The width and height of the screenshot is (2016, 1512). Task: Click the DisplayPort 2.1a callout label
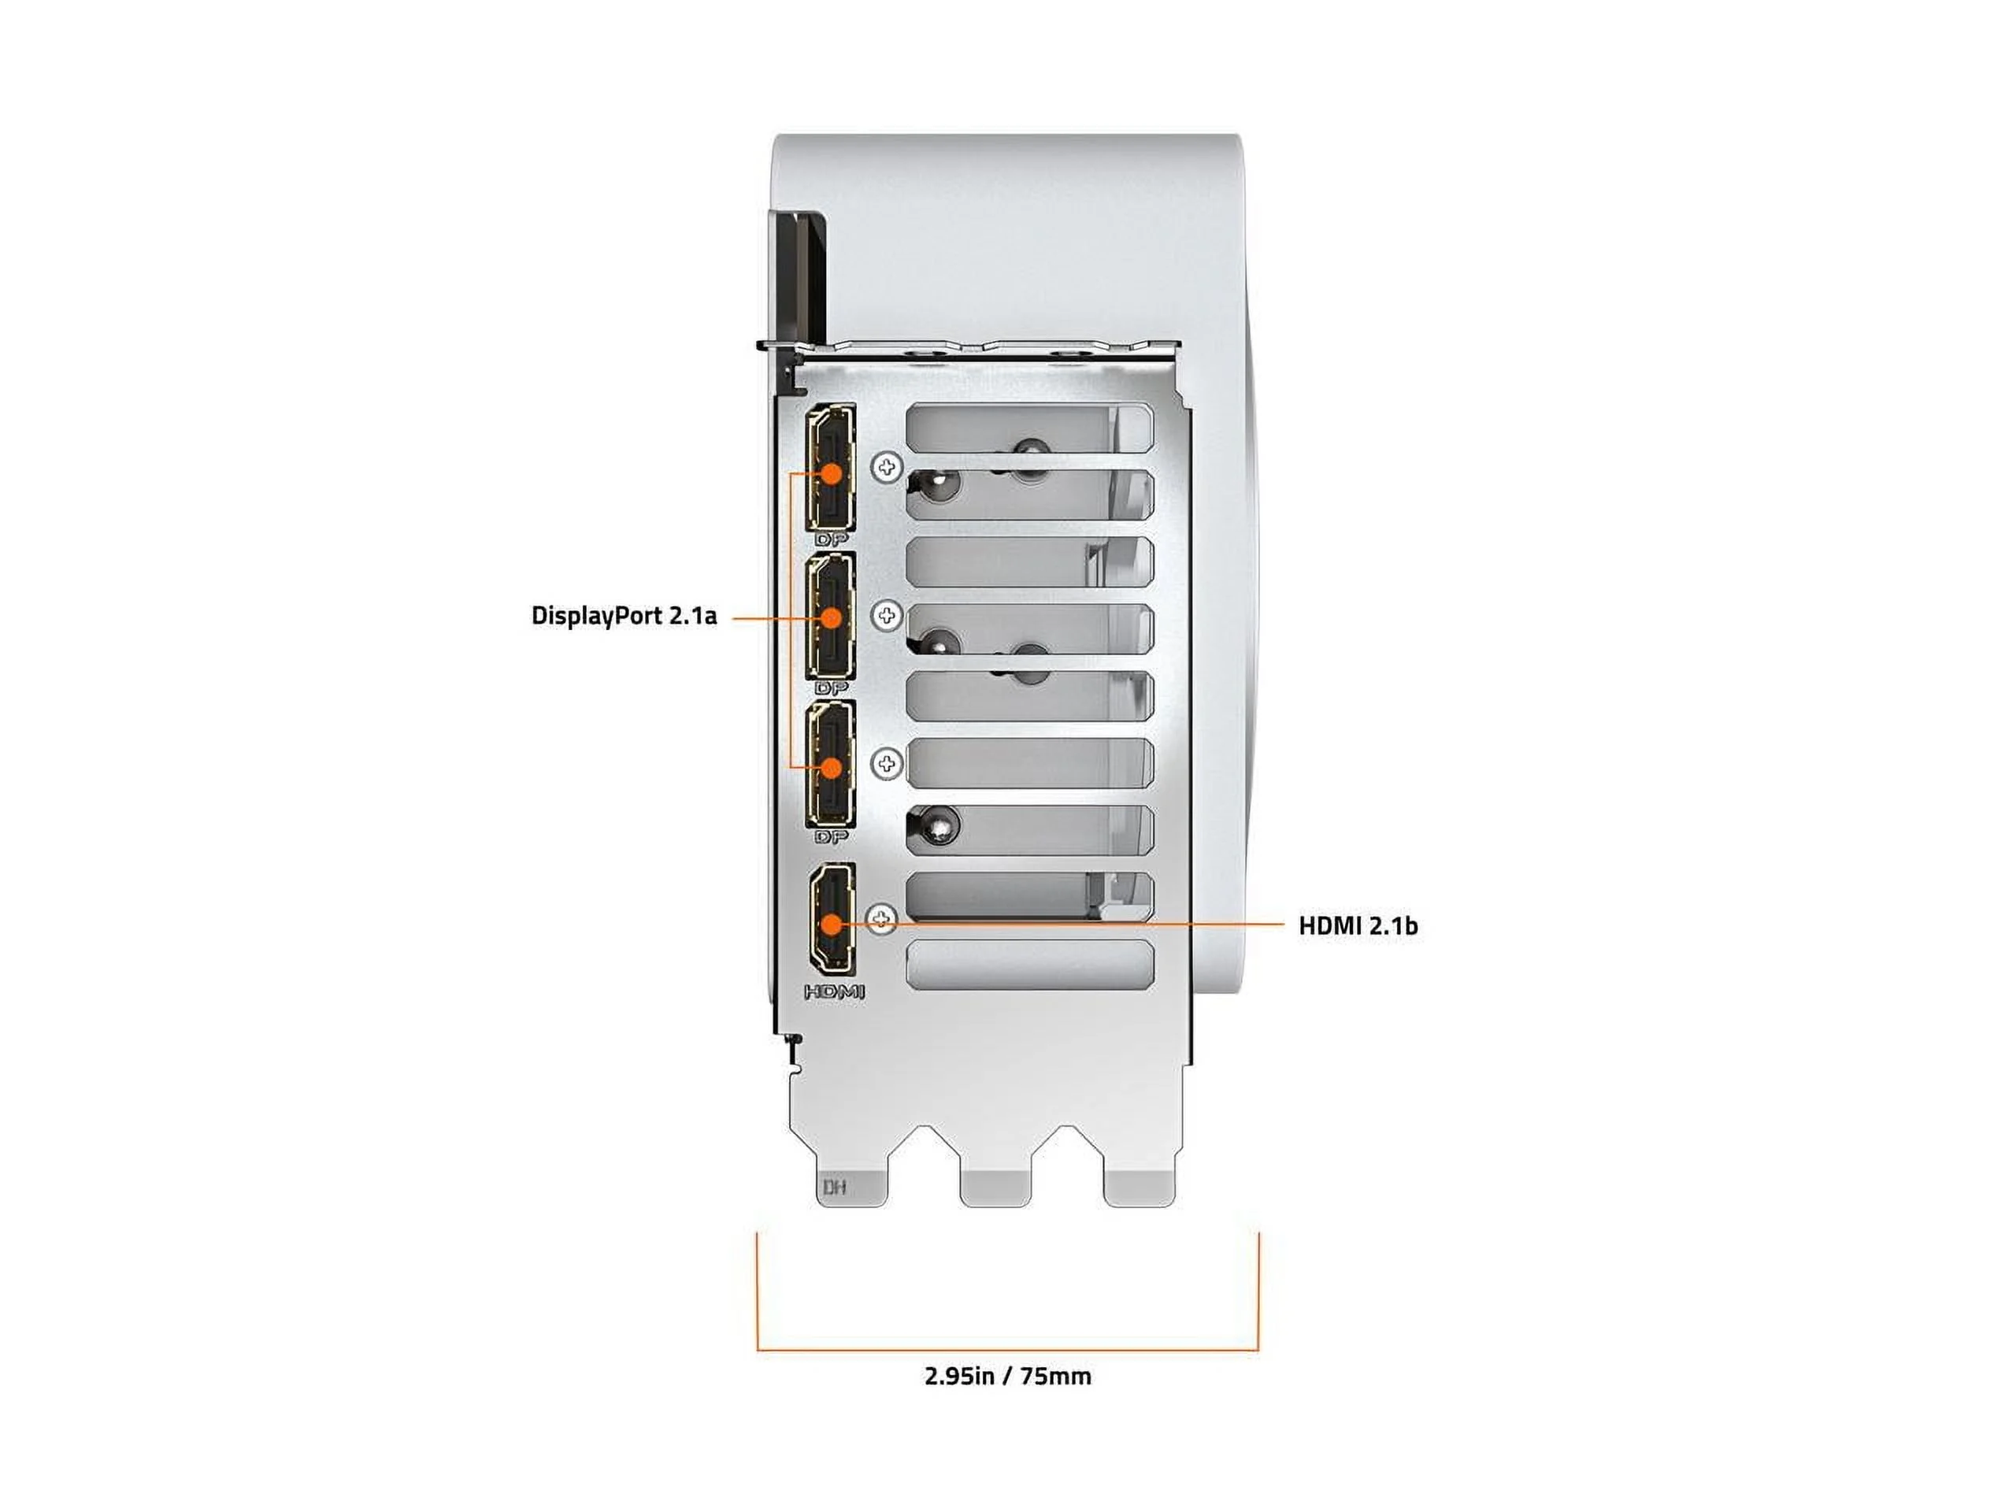click(x=624, y=616)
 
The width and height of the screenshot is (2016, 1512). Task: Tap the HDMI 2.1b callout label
click(x=1358, y=926)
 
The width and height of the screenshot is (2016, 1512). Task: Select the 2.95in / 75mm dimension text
click(x=1008, y=1377)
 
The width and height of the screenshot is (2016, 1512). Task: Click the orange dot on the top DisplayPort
click(x=831, y=474)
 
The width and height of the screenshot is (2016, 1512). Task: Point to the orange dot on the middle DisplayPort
click(x=831, y=618)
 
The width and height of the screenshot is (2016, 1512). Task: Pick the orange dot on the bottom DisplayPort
click(x=831, y=767)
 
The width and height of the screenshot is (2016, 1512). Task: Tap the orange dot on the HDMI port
click(x=831, y=925)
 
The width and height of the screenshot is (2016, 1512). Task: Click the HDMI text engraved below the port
click(x=834, y=992)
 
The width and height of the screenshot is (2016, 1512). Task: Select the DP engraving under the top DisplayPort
click(x=831, y=539)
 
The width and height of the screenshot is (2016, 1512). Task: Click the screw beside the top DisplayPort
click(x=887, y=468)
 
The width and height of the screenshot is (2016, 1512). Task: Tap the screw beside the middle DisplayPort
click(x=887, y=615)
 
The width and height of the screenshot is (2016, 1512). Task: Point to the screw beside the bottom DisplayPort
click(x=887, y=764)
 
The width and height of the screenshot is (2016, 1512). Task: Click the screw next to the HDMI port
click(x=881, y=919)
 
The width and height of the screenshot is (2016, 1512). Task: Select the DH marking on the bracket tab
click(x=834, y=1187)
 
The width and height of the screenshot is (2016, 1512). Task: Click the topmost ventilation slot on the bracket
click(x=1030, y=428)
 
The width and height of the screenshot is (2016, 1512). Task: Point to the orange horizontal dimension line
click(x=1008, y=1350)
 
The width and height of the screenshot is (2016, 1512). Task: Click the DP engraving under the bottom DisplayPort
click(x=831, y=836)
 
